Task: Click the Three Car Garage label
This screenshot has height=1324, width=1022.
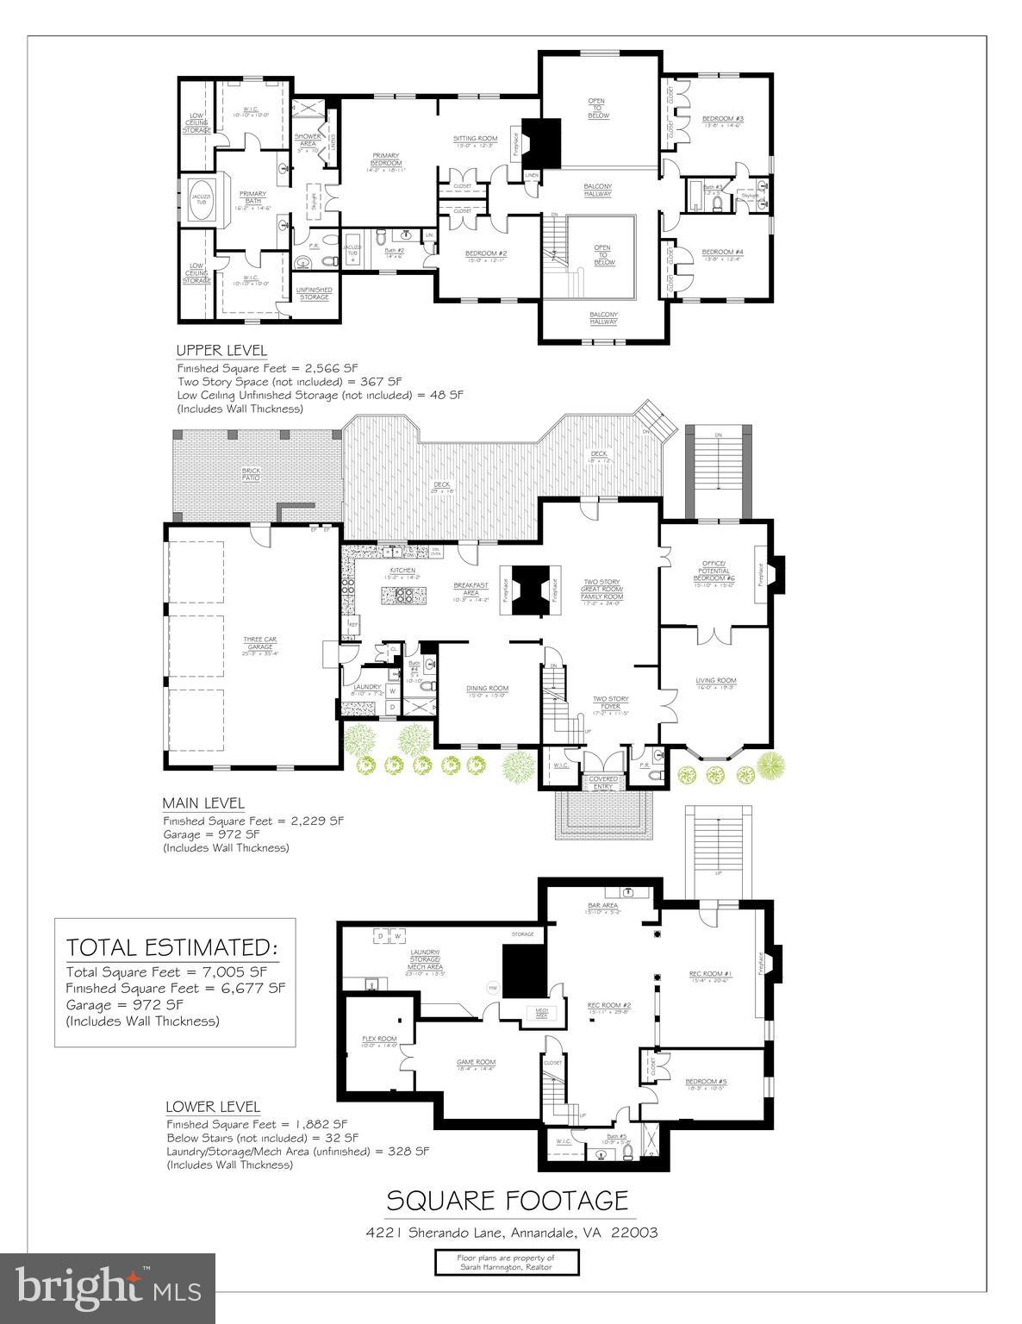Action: [259, 642]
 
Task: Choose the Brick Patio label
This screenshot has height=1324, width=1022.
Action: [251, 474]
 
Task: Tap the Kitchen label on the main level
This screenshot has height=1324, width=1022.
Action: [402, 571]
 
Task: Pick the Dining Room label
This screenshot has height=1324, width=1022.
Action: [487, 689]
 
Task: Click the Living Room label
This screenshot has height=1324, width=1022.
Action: [715, 682]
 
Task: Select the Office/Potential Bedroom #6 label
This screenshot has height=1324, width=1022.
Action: [715, 570]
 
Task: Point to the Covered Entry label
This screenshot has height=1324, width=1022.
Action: [603, 782]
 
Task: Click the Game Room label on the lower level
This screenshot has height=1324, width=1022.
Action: [476, 1062]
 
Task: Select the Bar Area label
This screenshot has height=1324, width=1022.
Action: [603, 906]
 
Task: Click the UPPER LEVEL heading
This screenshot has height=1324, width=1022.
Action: [221, 351]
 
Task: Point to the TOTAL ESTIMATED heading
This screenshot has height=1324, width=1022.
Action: [172, 948]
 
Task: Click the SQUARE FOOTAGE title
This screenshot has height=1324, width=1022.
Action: [507, 1200]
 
